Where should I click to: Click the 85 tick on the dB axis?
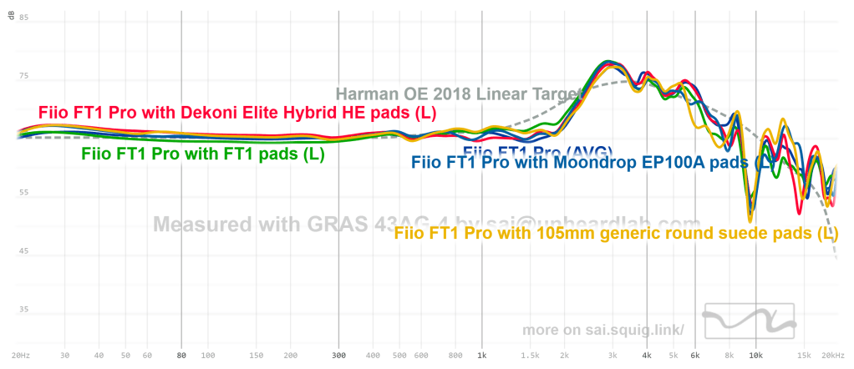pos(23,18)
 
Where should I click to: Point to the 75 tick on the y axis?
pos(23,76)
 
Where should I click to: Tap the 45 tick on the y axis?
pos(23,251)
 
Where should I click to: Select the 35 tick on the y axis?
pos(23,310)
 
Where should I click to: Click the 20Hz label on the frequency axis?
pos(21,355)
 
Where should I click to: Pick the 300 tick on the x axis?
pos(338,355)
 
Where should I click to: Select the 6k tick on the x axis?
pos(694,355)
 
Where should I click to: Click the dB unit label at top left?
pos(11,18)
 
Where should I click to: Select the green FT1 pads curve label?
pos(202,154)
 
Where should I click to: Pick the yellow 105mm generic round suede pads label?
pos(615,234)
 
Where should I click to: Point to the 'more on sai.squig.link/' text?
pos(603,330)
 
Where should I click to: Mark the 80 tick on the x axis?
pos(181,355)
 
